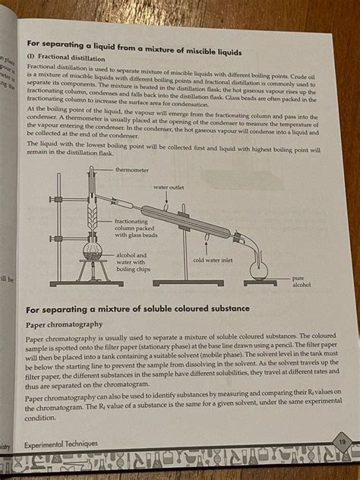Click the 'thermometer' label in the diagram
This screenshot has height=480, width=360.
click(132, 170)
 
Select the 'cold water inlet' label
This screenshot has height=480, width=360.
click(213, 260)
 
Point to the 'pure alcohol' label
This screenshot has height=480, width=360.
click(302, 282)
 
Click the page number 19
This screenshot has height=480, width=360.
click(343, 441)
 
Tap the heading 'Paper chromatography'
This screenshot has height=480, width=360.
click(64, 324)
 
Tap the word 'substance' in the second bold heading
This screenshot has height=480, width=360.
click(223, 309)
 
